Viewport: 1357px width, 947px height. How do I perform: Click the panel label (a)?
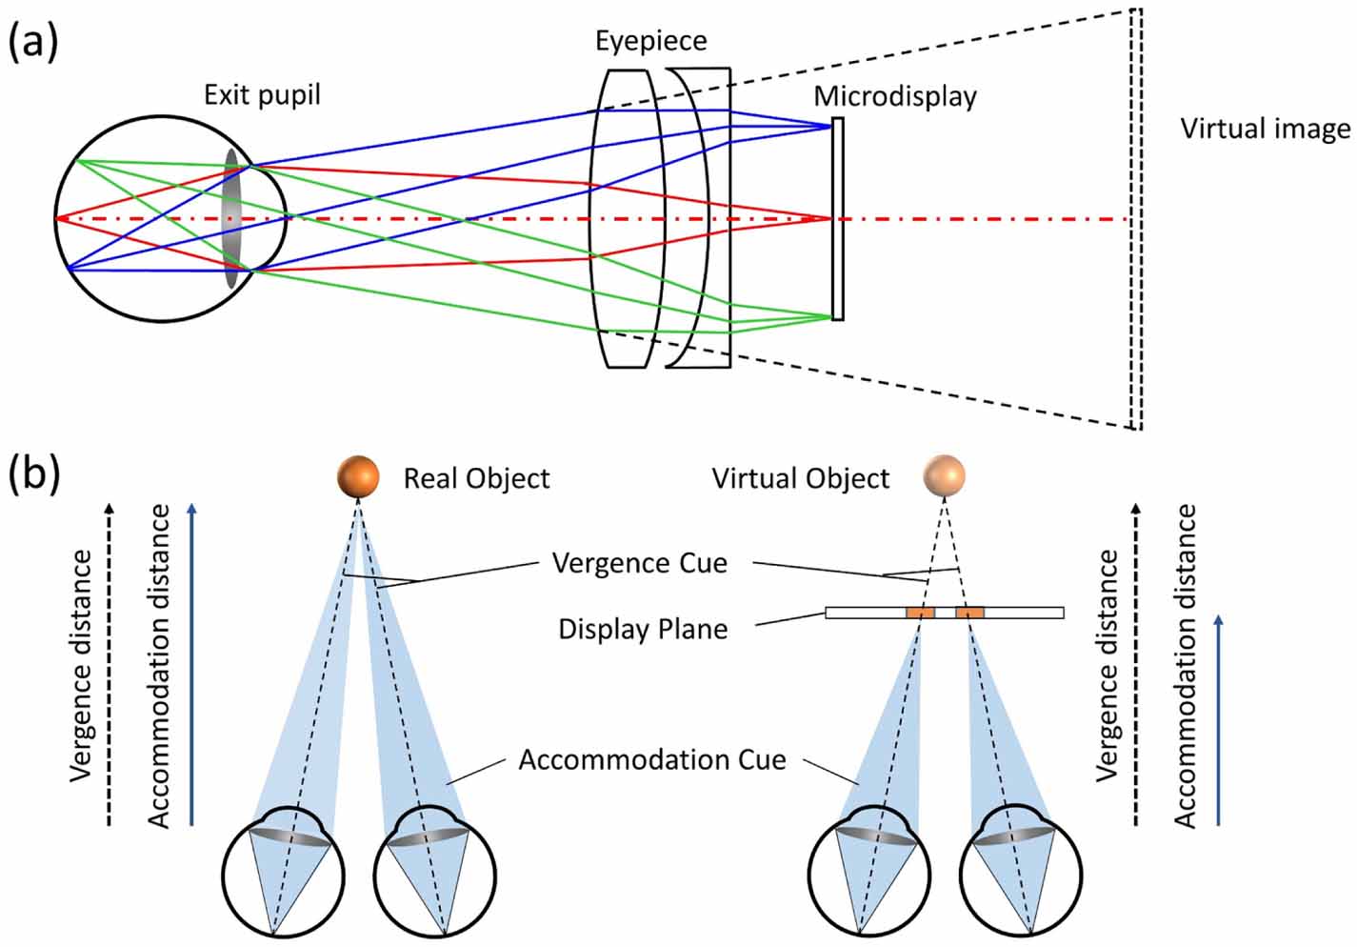[x=32, y=43]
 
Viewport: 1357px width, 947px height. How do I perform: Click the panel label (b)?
[x=32, y=473]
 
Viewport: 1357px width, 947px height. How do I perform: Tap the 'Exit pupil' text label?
[x=262, y=95]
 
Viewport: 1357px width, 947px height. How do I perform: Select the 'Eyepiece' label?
[x=651, y=41]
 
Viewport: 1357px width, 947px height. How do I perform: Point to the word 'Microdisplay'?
[x=894, y=96]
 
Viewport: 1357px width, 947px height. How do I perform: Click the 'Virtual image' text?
[x=1265, y=129]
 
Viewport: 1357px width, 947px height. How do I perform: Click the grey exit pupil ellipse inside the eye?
[x=232, y=219]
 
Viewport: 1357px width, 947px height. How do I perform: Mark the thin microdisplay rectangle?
[x=837, y=219]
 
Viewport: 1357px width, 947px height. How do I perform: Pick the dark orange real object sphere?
[x=358, y=476]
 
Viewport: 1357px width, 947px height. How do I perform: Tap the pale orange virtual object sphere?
[x=945, y=475]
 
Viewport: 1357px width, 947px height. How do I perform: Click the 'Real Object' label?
[x=476, y=478]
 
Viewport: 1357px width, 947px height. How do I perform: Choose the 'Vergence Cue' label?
[x=639, y=563]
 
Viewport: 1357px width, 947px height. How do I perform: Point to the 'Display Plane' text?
[x=643, y=630]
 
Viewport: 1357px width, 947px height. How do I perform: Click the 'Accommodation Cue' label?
[x=652, y=760]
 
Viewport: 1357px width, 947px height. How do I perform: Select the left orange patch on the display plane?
[x=920, y=613]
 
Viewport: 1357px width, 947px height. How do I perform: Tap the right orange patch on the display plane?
[x=969, y=613]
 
